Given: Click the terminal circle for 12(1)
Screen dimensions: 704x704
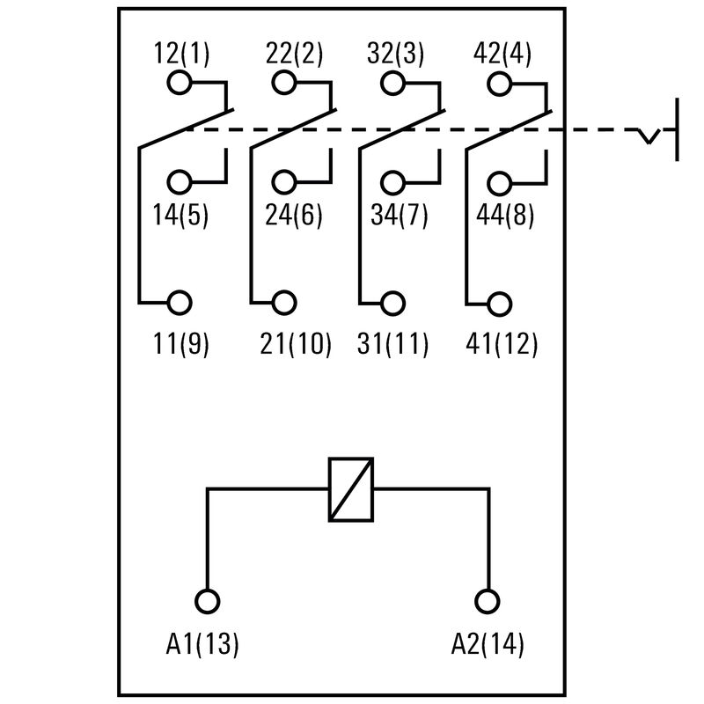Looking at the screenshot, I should [x=179, y=84].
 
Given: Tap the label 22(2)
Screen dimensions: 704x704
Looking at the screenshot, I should [x=295, y=54].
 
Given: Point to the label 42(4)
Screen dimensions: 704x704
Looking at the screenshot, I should [x=502, y=54].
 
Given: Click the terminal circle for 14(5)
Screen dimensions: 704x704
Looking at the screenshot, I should [x=179, y=183].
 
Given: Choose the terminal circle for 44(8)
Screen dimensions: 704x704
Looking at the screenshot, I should [x=499, y=183].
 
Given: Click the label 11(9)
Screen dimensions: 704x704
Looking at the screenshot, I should [x=181, y=344].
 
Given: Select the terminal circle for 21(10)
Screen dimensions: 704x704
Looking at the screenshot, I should [x=284, y=303].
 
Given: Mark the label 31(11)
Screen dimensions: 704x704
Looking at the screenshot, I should [x=393, y=344].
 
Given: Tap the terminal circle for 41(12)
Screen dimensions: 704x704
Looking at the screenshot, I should [x=499, y=303].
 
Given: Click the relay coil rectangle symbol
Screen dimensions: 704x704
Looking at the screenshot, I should [x=351, y=489].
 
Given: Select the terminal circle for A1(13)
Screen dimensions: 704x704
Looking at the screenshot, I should [x=208, y=601].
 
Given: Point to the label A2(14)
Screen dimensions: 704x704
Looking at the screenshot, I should [x=488, y=645].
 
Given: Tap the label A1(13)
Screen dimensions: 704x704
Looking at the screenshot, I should [x=202, y=645].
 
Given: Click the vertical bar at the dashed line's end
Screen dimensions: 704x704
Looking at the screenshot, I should [x=677, y=130].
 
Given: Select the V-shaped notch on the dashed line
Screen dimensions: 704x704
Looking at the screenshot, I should [x=649, y=136].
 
